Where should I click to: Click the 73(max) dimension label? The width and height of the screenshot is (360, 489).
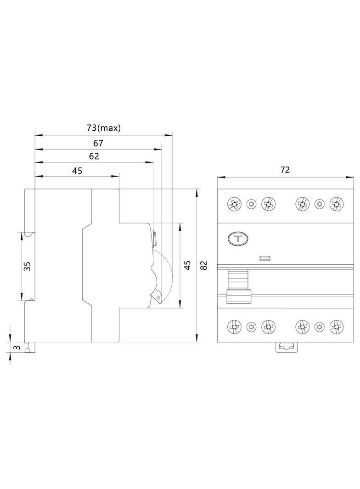104,128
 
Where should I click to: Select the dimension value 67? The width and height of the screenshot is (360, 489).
98,143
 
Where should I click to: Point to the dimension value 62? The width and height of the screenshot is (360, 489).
94,156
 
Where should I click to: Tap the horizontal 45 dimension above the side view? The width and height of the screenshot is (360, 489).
77,171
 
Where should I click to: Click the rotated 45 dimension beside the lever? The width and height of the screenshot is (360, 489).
187,266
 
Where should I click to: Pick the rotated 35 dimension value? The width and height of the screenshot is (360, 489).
27,266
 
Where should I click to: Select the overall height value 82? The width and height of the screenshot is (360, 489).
204,265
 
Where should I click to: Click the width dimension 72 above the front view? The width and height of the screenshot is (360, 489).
285,170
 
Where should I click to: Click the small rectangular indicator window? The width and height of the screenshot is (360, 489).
264,259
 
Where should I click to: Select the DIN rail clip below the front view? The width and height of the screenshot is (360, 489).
287,347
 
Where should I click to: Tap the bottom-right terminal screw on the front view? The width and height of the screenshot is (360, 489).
337,327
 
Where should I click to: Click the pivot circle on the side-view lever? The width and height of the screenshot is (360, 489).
158,298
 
